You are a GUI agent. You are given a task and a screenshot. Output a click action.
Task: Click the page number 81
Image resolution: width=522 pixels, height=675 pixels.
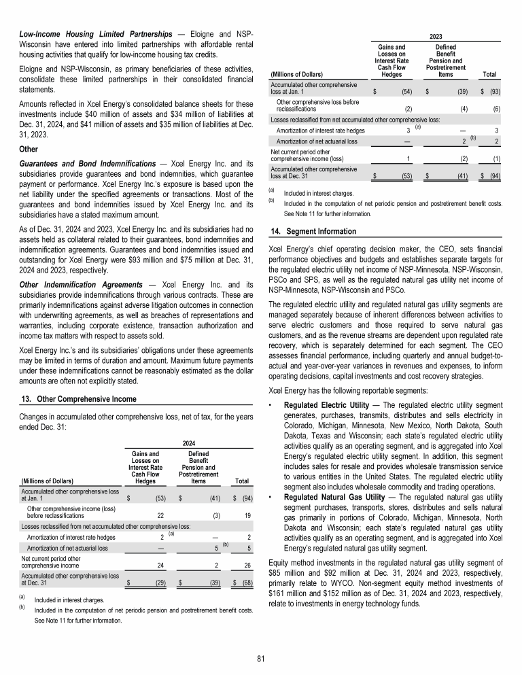(x=261, y=657)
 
